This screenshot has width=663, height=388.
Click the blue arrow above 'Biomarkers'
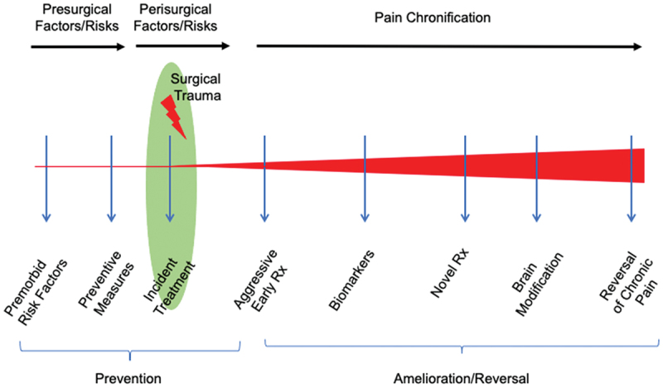click(365, 178)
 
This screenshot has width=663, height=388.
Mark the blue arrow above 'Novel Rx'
click(465, 178)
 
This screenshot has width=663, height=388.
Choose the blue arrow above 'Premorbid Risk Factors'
click(46, 178)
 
